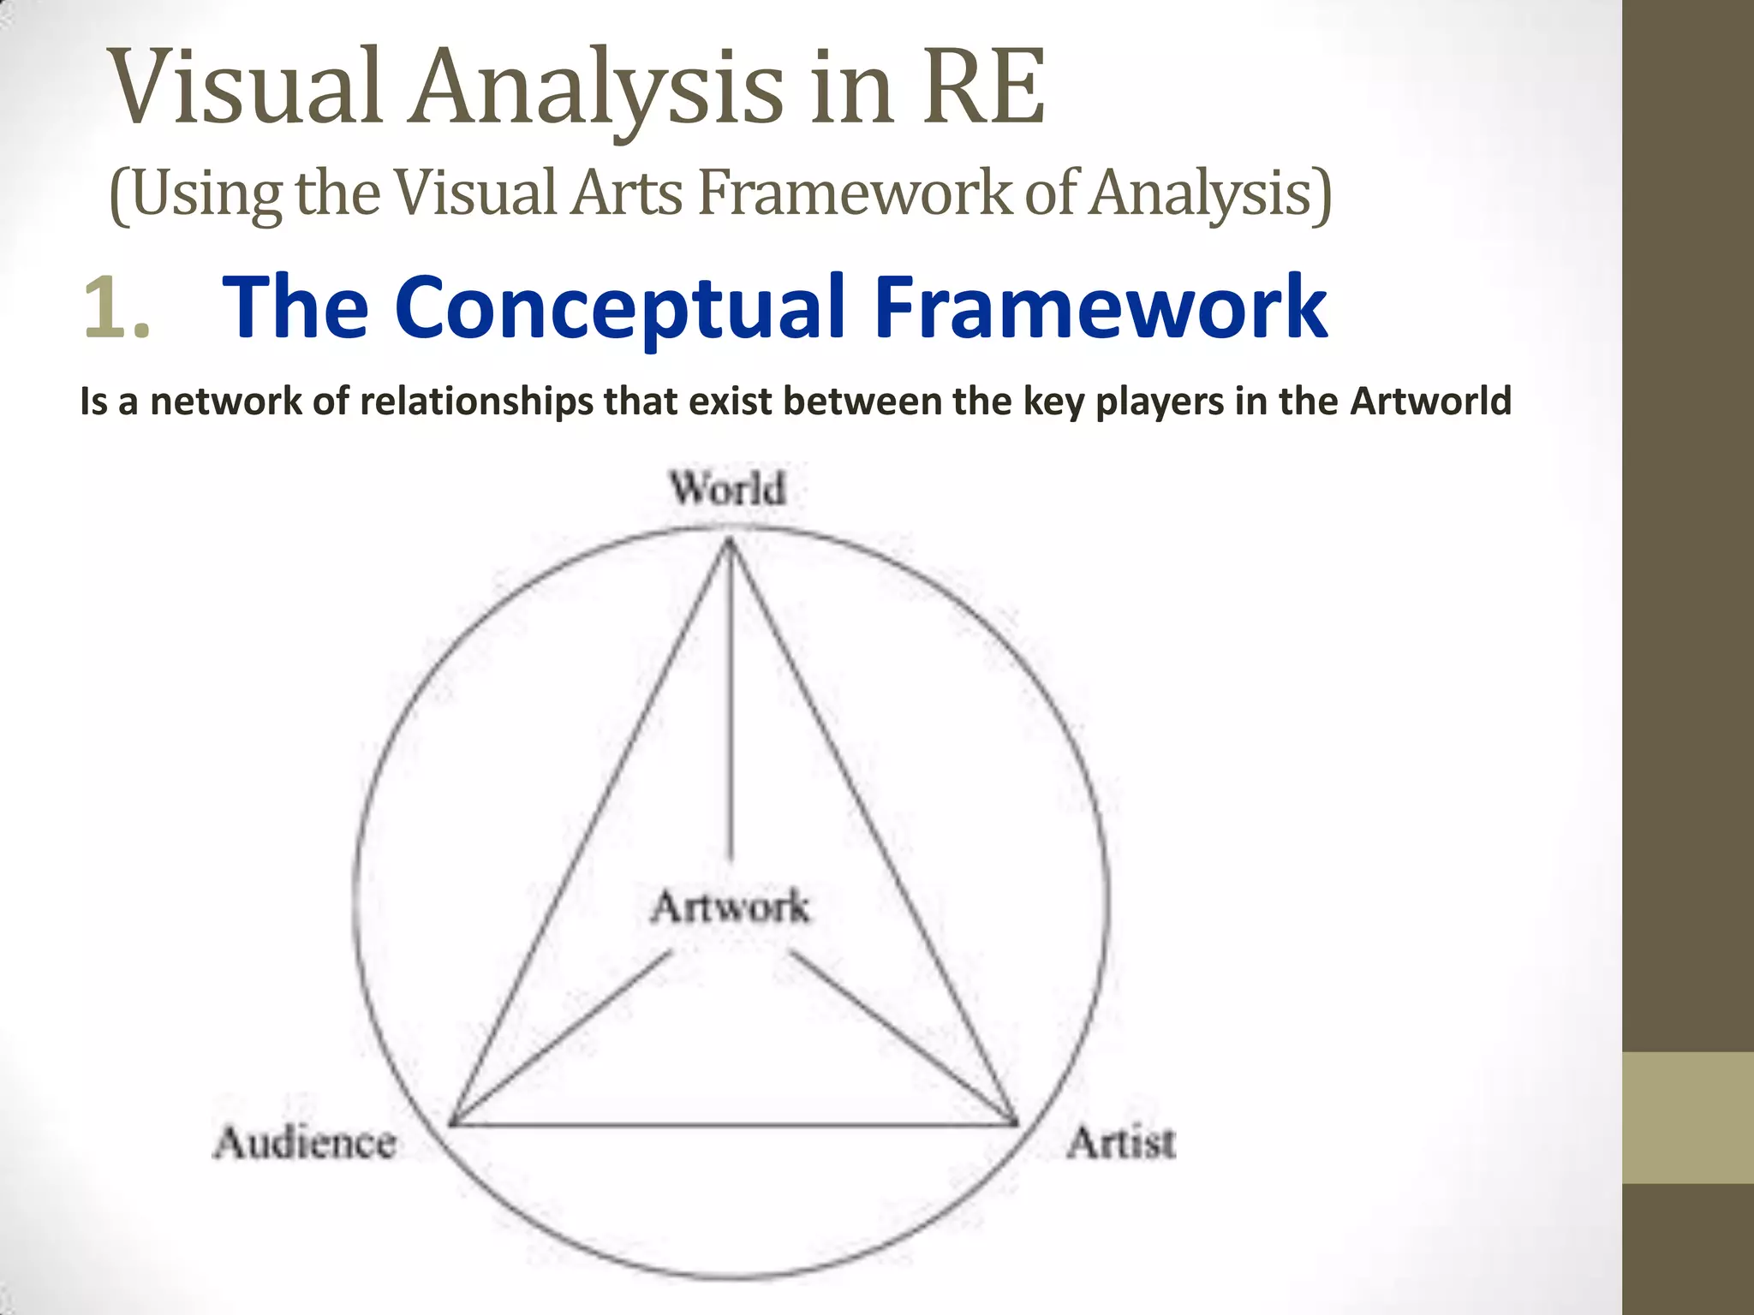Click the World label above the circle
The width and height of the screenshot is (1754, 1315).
(727, 489)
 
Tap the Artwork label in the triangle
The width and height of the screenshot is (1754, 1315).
(730, 907)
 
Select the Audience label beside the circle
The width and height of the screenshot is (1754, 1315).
(305, 1143)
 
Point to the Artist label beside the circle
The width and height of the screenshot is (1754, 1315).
(1121, 1143)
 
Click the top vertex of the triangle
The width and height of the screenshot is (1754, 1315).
(730, 539)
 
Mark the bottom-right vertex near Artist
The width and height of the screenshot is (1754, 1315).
(1016, 1122)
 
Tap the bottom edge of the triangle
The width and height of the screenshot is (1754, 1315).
(734, 1124)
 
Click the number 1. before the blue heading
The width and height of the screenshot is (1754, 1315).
(117, 308)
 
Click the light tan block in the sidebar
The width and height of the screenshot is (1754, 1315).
(1688, 1117)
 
